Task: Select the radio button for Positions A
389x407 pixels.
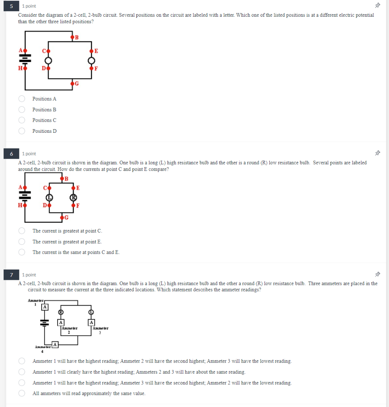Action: [x=23, y=99]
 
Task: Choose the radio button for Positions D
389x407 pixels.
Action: [x=23, y=131]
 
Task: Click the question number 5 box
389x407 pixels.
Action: [x=12, y=6]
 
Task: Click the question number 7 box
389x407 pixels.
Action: [x=12, y=275]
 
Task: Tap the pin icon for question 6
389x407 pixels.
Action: [x=377, y=153]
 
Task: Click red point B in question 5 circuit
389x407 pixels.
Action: [x=72, y=37]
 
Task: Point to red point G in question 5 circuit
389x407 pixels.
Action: [x=72, y=83]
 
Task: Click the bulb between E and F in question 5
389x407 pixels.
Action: [x=91, y=60]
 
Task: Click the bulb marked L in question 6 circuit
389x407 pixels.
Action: [x=48, y=197]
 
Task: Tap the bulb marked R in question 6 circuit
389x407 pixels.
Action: [x=73, y=197]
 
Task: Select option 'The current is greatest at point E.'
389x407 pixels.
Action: [x=23, y=241]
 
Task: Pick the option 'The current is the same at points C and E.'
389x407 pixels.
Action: [x=23, y=252]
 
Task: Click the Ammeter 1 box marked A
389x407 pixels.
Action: [x=45, y=307]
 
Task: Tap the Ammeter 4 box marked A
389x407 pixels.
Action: [x=55, y=344]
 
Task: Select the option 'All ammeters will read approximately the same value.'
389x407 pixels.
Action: [x=23, y=393]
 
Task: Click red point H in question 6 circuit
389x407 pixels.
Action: [x=25, y=205]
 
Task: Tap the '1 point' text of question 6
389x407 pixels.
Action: [x=29, y=153]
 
